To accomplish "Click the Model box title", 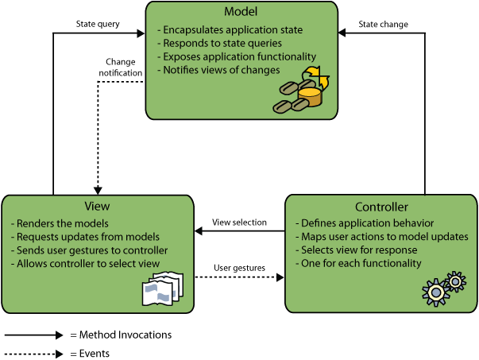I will (240, 12).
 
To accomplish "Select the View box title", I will (97, 206).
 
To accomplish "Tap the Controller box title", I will (381, 207).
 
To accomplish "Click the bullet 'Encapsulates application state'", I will (230, 30).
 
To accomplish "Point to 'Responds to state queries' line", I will (220, 44).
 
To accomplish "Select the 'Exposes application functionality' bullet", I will (237, 56).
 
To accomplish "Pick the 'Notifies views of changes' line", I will (218, 70).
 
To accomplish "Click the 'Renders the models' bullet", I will (60, 223).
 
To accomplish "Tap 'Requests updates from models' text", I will (85, 237).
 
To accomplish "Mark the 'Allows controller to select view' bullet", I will (86, 264).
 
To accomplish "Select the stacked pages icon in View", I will (162, 289).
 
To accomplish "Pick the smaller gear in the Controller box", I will (455, 281).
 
